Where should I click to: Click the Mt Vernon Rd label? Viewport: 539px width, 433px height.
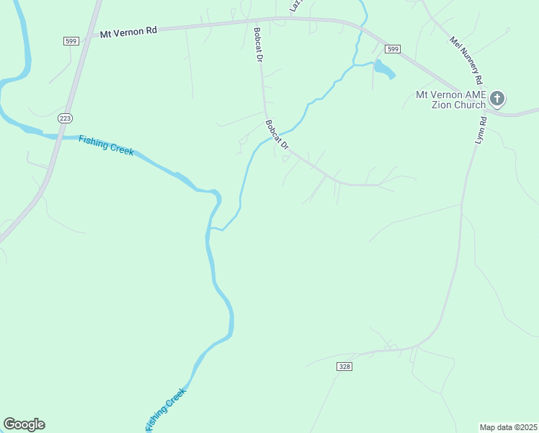[128, 32]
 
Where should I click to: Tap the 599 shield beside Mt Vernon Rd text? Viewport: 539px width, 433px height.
[71, 42]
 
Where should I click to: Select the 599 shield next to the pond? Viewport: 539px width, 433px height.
[392, 49]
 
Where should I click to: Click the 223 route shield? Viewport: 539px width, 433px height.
[66, 118]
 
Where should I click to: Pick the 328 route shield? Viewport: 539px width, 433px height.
[344, 367]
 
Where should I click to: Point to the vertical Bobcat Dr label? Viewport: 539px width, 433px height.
[257, 45]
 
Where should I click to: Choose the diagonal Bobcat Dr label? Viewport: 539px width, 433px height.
[277, 135]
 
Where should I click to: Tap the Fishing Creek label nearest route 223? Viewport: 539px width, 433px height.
[106, 144]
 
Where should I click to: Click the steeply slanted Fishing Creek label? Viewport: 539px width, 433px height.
[166, 408]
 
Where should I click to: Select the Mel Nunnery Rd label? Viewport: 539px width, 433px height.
[466, 60]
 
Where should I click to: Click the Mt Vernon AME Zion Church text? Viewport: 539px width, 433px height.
[451, 100]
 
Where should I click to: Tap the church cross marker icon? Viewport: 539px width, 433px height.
[497, 98]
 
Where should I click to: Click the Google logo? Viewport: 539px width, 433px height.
[24, 424]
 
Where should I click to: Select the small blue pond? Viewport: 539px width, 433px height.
[383, 70]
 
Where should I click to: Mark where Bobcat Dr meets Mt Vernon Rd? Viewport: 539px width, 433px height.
[257, 22]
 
